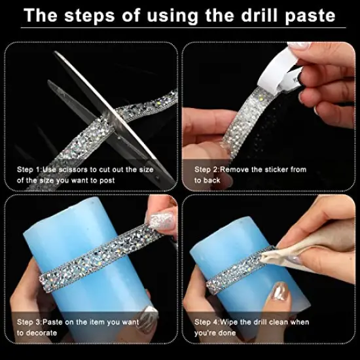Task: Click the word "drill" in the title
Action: (253, 14)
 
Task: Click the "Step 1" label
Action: (30, 169)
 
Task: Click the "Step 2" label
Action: (207, 169)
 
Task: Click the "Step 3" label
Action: (30, 322)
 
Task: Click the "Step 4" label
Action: (207, 322)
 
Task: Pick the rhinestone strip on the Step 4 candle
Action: (236, 275)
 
